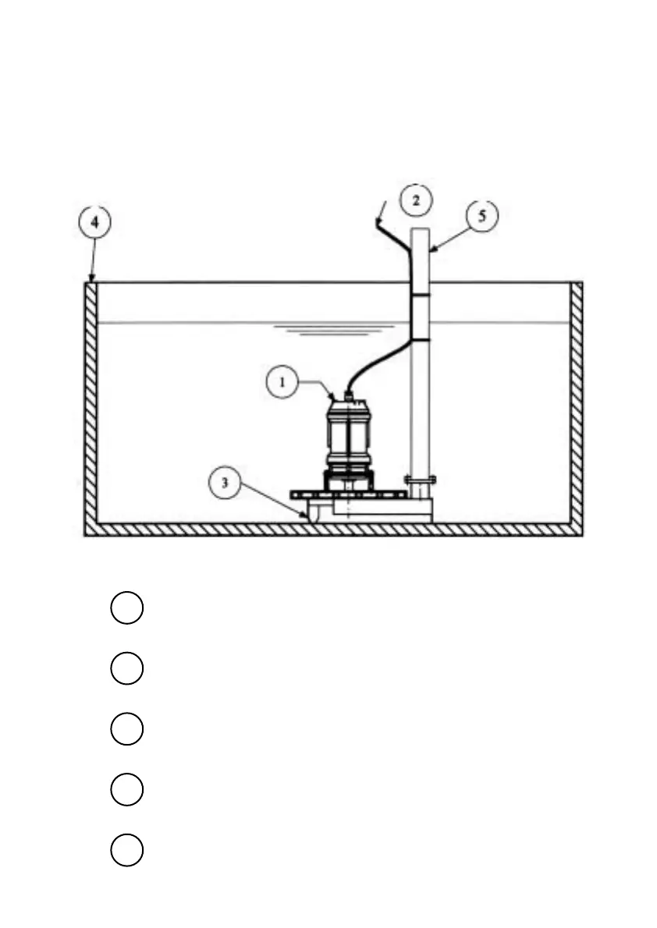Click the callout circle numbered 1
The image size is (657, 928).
[x=282, y=383]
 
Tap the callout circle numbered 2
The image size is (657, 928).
[x=416, y=200]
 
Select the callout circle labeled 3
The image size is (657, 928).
[x=225, y=483]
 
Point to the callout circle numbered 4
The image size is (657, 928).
[x=94, y=222]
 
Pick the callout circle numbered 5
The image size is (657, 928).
[x=481, y=216]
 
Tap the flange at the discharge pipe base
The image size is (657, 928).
[x=420, y=479]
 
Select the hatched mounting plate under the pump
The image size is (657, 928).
[x=348, y=495]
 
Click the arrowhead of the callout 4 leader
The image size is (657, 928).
[x=91, y=280]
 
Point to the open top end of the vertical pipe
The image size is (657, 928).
[x=420, y=229]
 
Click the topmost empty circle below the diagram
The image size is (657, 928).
[x=126, y=608]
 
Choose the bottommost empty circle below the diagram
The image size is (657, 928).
[x=126, y=850]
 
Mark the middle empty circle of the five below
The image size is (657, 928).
[x=126, y=729]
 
